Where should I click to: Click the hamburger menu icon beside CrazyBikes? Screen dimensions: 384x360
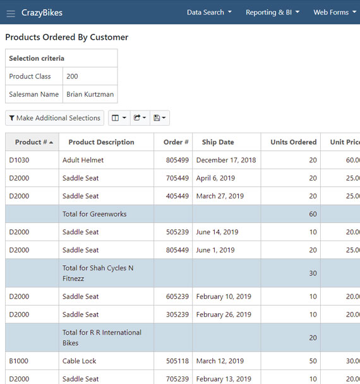click(x=11, y=13)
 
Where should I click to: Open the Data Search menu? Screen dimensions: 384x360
click(x=209, y=13)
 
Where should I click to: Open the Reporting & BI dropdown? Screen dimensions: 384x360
click(x=272, y=13)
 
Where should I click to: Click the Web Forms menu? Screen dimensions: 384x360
click(x=335, y=13)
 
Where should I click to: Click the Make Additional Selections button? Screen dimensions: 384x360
click(x=54, y=118)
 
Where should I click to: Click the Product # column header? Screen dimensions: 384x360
click(x=33, y=142)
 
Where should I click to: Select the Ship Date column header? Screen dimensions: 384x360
click(x=218, y=142)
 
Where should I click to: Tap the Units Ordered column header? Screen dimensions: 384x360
click(x=293, y=142)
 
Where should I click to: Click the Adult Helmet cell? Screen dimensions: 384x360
click(x=83, y=160)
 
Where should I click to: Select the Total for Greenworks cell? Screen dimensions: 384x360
click(x=94, y=214)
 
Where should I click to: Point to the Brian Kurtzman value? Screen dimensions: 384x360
click(x=90, y=94)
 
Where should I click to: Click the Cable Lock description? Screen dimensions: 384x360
click(x=80, y=361)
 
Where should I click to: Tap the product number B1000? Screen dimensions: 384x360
click(x=19, y=361)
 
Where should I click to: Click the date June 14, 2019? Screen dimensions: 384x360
click(x=217, y=232)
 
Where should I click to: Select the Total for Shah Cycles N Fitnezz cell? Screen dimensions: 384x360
click(x=98, y=273)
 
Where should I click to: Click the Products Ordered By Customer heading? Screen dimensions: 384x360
click(x=67, y=37)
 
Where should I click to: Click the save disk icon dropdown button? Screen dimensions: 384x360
click(x=160, y=118)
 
